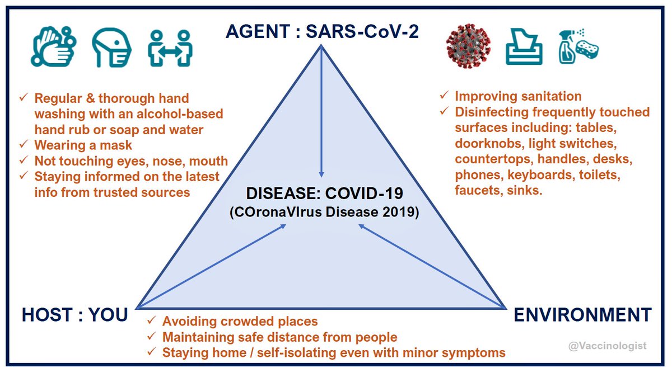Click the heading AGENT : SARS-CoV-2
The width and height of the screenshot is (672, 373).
tap(322, 31)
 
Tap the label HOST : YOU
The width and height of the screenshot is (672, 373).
tap(74, 315)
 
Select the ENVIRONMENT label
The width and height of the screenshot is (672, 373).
tap(582, 315)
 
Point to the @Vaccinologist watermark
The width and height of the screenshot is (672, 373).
tap(607, 346)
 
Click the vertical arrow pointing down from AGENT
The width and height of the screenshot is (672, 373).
tap(321, 112)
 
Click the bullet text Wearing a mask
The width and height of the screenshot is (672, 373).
tap(83, 146)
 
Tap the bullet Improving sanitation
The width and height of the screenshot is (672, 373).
tap(517, 96)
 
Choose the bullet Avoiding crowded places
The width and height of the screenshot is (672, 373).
tap(240, 322)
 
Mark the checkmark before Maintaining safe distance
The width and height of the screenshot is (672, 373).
tap(151, 337)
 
